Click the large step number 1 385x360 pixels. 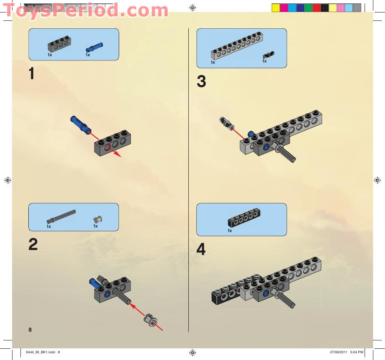tap(31, 74)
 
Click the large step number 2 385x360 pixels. tap(33, 244)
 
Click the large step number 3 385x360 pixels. tap(201, 82)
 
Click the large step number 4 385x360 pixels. tap(201, 250)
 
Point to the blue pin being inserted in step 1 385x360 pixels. tap(81, 124)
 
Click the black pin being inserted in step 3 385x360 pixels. tap(226, 122)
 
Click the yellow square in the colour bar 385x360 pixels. tap(275, 7)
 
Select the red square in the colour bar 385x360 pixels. tap(316, 7)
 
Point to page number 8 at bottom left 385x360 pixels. tap(30, 330)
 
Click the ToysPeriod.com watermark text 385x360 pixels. tap(85, 10)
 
